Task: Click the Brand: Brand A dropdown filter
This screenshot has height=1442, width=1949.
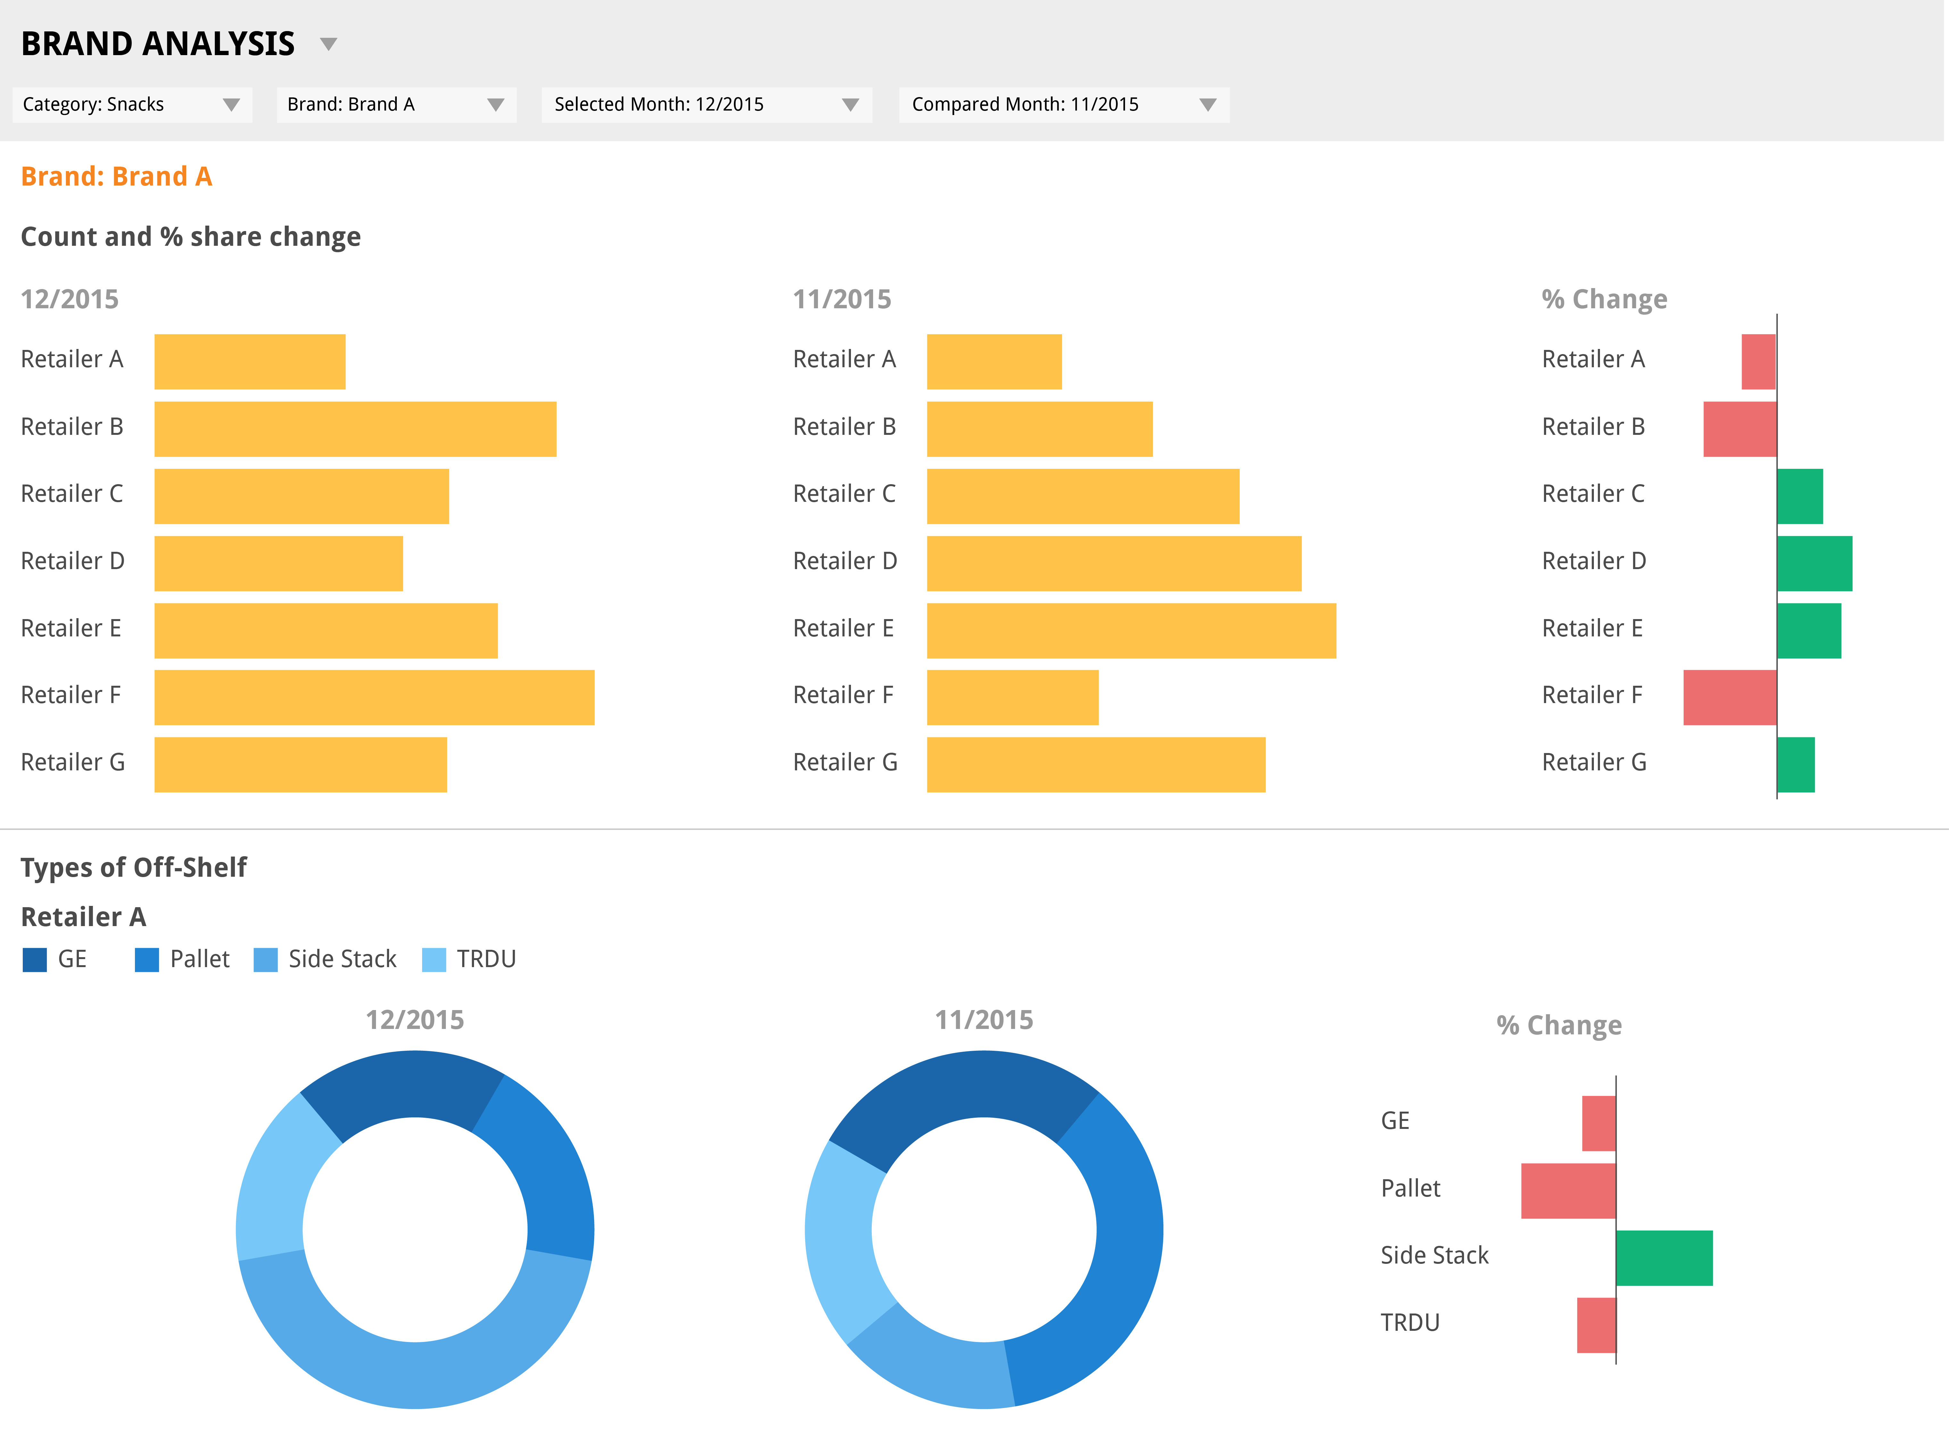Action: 396,105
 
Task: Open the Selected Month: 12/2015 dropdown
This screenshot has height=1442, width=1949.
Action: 705,105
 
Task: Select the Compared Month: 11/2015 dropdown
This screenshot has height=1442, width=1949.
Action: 1063,105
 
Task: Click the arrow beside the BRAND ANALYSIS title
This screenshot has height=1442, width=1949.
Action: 328,44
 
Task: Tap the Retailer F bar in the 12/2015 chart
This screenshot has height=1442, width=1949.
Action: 374,697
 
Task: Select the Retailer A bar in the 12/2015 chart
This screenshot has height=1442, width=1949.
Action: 250,361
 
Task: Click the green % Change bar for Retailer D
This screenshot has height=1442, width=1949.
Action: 1814,563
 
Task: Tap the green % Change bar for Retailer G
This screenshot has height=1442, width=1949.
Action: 1795,765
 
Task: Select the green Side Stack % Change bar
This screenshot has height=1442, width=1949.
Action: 1663,1258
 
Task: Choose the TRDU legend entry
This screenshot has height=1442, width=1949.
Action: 471,959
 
